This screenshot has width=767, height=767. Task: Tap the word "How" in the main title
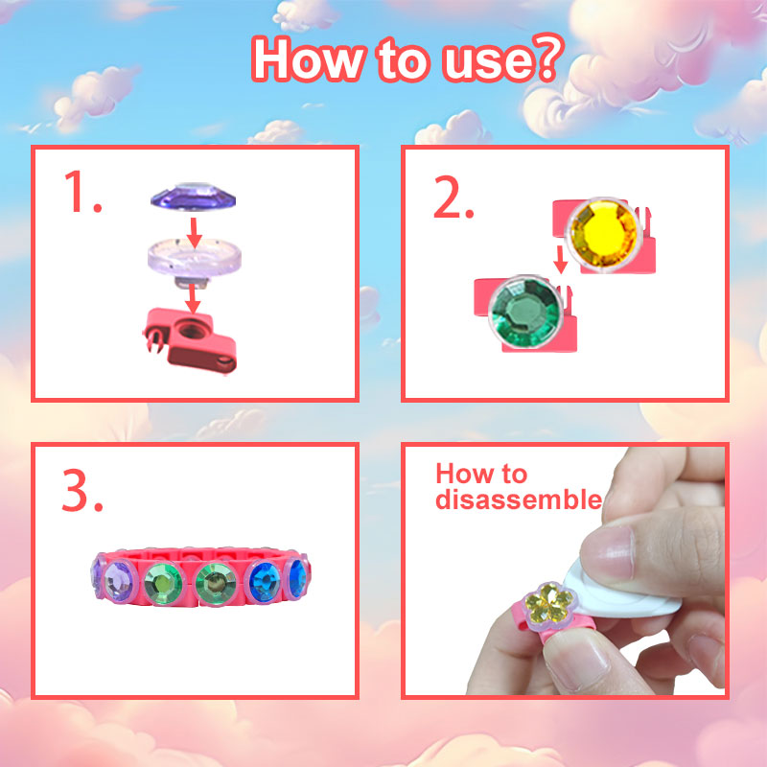[308, 60]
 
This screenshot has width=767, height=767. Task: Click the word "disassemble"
[519, 500]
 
